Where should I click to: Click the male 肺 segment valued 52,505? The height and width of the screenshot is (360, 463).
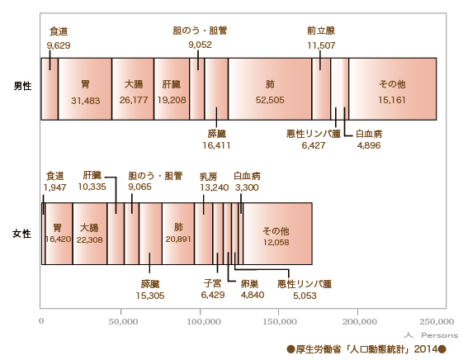click(270, 89)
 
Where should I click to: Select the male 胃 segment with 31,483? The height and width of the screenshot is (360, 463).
click(85, 89)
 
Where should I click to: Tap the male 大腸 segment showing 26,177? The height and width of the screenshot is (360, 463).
click(133, 89)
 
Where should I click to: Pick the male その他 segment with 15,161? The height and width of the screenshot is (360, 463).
click(392, 89)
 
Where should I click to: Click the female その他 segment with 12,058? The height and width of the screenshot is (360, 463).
click(277, 234)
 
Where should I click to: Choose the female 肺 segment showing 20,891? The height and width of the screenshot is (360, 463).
click(178, 234)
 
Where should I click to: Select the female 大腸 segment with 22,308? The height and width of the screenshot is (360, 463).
click(90, 234)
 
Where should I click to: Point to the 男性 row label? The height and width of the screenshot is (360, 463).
click(22, 86)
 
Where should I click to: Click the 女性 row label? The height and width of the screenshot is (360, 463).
click(21, 234)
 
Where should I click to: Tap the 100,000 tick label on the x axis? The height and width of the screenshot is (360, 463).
click(204, 321)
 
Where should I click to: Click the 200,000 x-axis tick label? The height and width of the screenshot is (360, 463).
click(360, 321)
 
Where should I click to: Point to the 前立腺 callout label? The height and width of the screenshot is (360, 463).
click(321, 31)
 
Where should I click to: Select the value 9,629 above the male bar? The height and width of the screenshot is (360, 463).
click(59, 45)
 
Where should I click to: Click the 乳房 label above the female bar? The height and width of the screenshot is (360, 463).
click(209, 177)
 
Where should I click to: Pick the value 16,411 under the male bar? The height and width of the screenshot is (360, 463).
click(216, 145)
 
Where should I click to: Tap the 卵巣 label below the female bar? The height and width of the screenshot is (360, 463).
click(250, 284)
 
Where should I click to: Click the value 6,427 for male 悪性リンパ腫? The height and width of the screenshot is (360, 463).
click(314, 145)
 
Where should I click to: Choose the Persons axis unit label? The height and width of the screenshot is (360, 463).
click(439, 335)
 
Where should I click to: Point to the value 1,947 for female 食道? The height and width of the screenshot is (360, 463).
click(54, 187)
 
